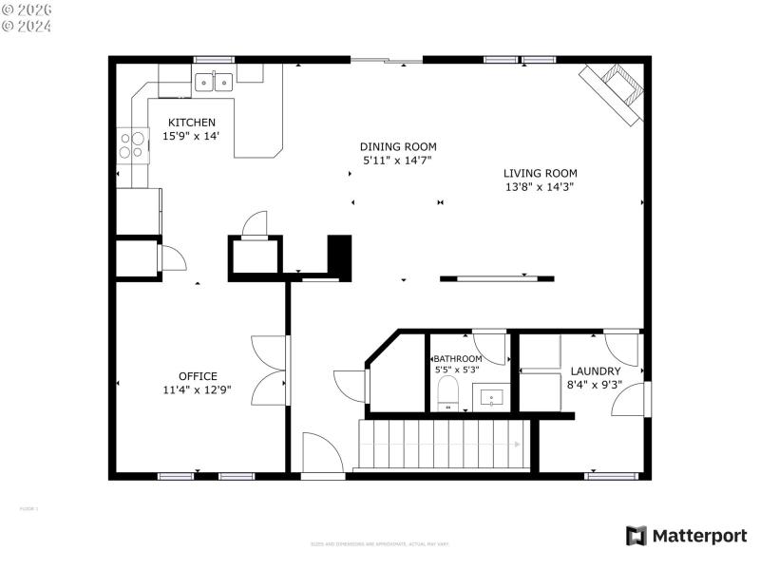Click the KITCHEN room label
192,123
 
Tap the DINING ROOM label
398,146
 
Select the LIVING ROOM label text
540,173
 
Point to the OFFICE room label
198,376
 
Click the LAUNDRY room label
595,371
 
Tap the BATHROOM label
458,359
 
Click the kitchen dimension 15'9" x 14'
192,137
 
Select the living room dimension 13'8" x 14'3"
540,187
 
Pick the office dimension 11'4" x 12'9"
198,389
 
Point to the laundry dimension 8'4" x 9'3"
595,385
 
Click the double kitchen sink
214,83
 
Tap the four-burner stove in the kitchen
132,144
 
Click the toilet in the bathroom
447,392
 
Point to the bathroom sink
491,394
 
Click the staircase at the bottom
442,445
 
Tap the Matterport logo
686,536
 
